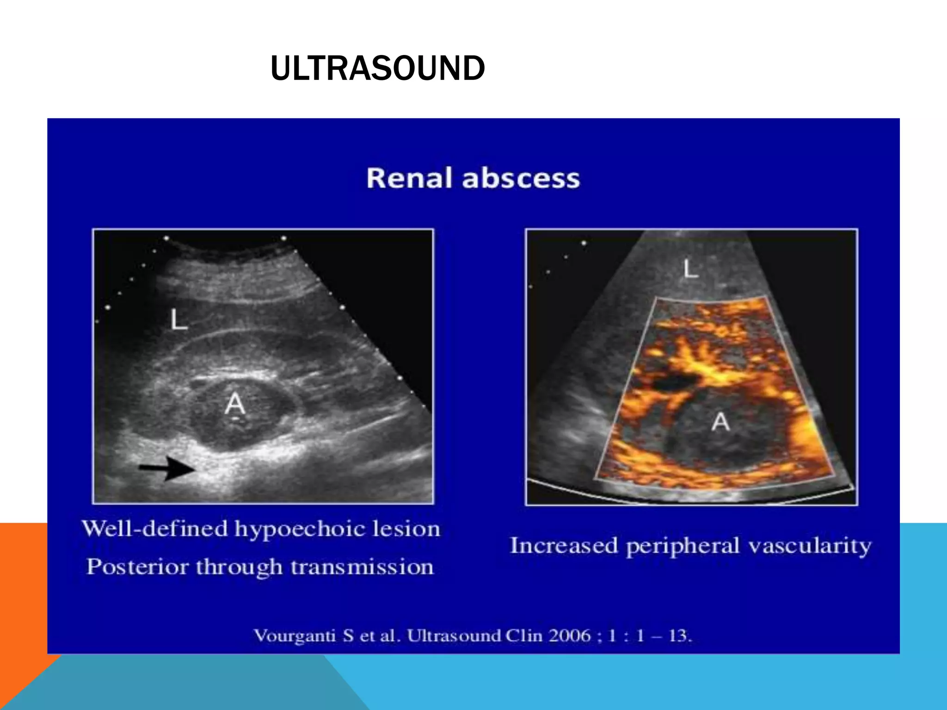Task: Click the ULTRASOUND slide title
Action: coord(377,68)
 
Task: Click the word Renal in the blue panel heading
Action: coord(409,178)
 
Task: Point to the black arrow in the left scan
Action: coord(167,468)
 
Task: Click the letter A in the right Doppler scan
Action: coord(720,422)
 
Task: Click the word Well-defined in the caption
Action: coord(155,528)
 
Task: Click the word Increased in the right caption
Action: coord(564,546)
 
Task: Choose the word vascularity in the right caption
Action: coord(810,546)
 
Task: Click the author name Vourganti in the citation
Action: coord(295,636)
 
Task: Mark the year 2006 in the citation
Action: coord(570,636)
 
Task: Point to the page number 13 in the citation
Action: coord(679,636)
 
